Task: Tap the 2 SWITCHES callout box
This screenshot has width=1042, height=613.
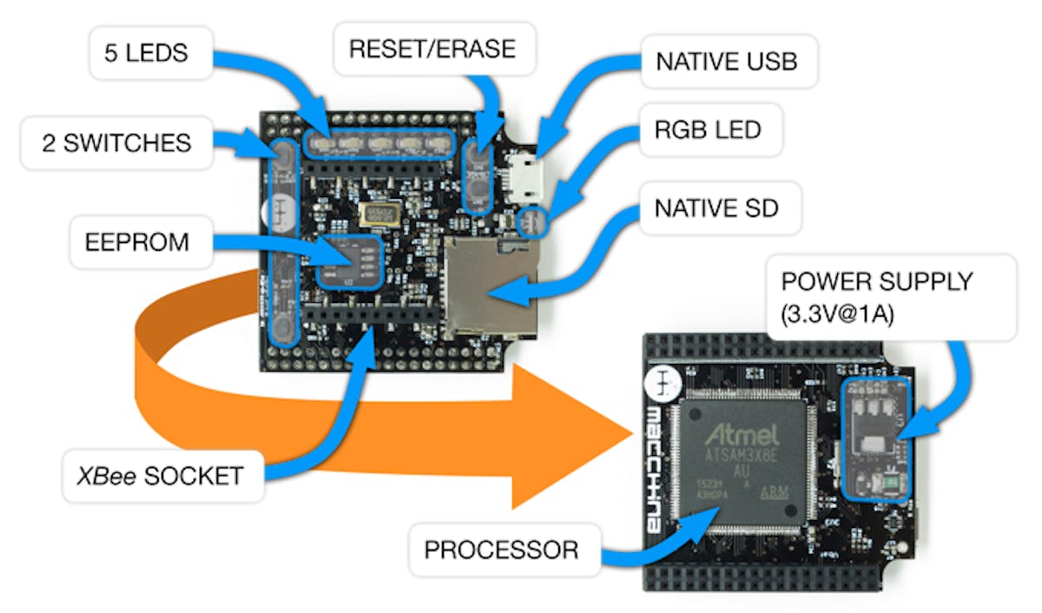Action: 116,142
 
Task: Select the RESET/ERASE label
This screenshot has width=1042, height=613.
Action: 432,48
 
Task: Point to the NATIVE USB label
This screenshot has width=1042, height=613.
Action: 726,62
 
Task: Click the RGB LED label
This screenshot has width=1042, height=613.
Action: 708,130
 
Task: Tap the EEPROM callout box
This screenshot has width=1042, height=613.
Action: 136,241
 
